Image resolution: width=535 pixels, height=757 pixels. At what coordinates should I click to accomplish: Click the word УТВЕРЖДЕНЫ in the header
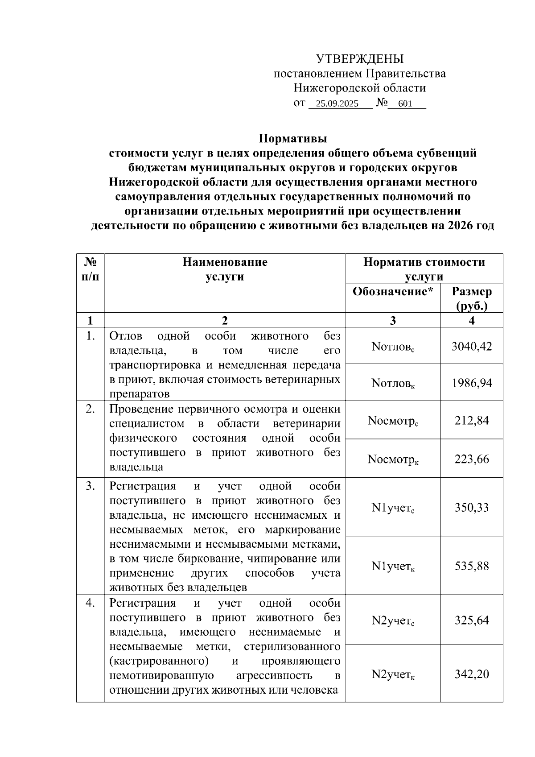pos(360,59)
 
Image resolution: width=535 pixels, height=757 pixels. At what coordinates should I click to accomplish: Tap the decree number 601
pos(405,104)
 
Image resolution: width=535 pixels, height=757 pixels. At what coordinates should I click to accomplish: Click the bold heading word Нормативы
pos(293,138)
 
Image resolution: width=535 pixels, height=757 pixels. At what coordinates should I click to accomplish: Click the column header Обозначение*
pos(393,292)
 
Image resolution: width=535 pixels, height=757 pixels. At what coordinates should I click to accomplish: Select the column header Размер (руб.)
pos(472,298)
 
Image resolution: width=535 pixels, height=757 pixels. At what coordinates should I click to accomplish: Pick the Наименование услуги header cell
pos(225,269)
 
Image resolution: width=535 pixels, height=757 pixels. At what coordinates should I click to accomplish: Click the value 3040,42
pos(472,346)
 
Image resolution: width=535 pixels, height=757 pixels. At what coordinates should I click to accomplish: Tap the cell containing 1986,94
pos(472,383)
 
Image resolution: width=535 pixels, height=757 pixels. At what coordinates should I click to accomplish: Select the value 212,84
pos(472,420)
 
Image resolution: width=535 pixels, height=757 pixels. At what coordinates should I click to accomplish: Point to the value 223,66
pos(472,459)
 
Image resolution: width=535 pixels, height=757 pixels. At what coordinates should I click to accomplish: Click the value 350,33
pos(472,507)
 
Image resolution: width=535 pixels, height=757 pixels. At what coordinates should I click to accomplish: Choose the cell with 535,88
pos(472,566)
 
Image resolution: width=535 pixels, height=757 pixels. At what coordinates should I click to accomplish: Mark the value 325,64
pos(472,620)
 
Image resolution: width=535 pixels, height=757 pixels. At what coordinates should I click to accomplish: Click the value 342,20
pos(472,674)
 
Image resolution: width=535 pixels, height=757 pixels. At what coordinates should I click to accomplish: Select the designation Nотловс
pos(393,347)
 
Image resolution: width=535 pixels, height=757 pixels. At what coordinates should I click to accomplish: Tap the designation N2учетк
pos(393,674)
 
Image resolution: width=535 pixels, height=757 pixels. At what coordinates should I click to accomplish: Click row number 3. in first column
pos(91,486)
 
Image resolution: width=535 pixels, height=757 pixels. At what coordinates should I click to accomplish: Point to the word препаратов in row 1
pos(139,394)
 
